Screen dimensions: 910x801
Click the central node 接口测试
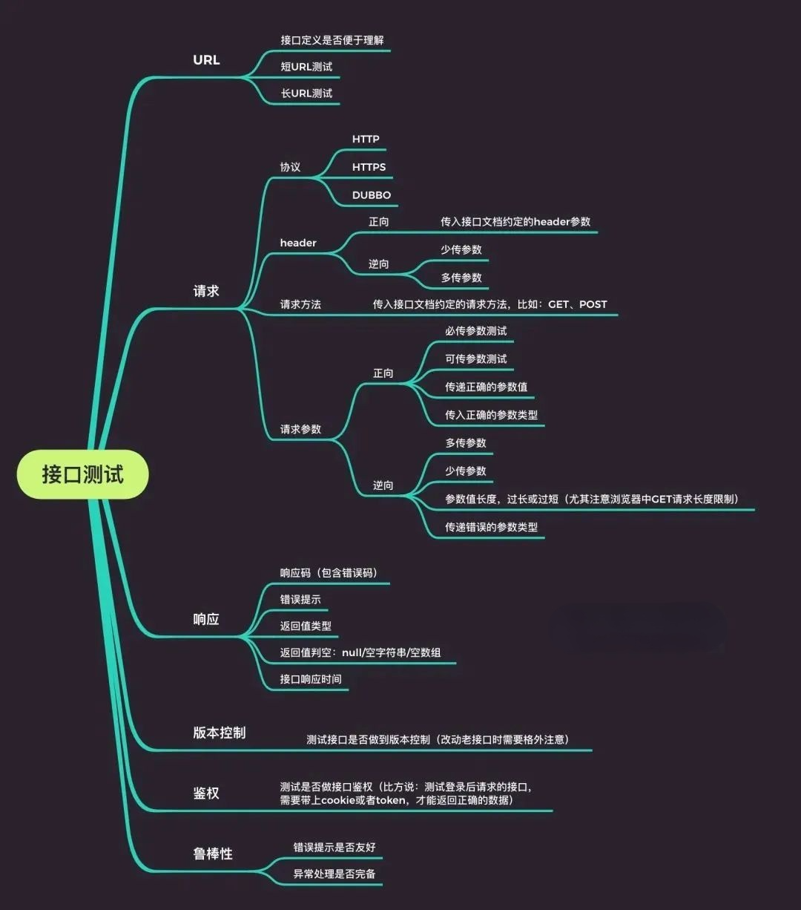82,474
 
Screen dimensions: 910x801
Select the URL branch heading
206,60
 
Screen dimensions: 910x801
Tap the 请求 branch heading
206,291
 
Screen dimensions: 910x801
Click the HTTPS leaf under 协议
369,167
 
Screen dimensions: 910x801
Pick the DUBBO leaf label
371,195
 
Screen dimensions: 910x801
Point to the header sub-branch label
298,243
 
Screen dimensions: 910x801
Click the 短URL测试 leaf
306,67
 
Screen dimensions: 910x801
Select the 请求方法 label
300,304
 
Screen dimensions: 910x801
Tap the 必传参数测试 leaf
475,331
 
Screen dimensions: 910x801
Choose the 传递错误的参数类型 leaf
491,527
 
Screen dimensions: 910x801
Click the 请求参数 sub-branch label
300,429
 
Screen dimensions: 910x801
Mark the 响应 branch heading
206,619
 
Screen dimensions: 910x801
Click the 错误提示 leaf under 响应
300,599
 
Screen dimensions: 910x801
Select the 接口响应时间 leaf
311,679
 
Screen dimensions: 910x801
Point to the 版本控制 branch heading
219,733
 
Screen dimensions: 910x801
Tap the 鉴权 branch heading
206,793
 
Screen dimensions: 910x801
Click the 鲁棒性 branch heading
213,854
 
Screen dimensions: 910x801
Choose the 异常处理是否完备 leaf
334,874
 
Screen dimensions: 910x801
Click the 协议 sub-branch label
290,167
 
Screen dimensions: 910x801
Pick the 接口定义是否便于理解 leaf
332,40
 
